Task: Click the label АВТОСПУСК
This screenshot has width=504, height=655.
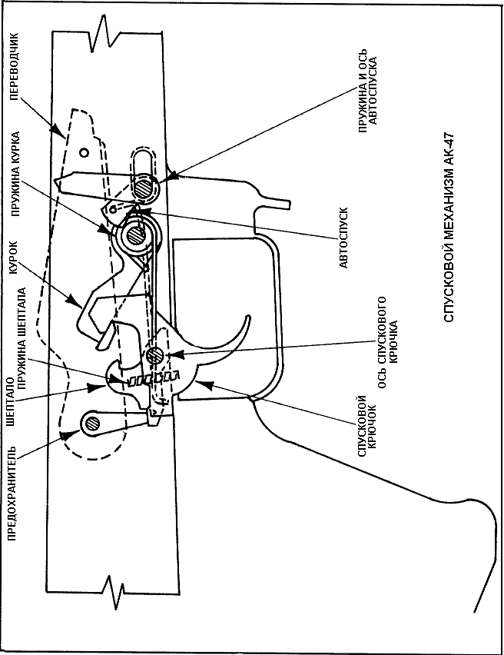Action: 343,238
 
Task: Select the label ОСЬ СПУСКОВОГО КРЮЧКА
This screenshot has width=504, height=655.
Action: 387,343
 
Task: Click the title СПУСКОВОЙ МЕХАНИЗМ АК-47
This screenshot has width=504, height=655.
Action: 448,228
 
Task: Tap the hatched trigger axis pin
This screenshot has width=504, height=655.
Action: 154,355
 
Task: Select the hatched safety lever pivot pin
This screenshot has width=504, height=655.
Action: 91,424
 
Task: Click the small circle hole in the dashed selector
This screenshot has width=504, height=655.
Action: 85,153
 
